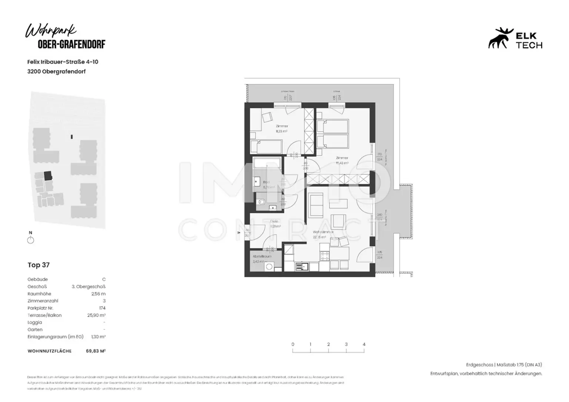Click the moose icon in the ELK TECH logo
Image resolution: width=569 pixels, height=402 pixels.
click(x=500, y=39)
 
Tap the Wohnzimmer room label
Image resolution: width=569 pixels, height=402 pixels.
click(x=323, y=232)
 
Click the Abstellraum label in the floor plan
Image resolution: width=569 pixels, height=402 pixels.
click(x=262, y=256)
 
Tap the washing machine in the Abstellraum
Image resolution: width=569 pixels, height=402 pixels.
click(x=269, y=266)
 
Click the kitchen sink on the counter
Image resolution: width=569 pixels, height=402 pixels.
click(x=303, y=266)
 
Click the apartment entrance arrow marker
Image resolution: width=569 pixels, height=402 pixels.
click(x=239, y=233)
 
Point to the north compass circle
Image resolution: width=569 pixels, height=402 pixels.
click(x=31, y=240)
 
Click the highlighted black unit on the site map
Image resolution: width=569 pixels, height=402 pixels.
click(x=48, y=175)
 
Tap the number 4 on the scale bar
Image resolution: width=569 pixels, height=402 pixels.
click(x=364, y=344)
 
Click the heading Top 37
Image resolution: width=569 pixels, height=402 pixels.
click(x=39, y=265)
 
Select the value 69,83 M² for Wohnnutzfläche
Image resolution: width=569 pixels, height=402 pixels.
click(x=96, y=351)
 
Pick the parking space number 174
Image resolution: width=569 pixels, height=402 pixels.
click(x=102, y=308)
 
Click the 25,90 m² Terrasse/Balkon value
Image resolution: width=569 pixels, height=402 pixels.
click(x=96, y=315)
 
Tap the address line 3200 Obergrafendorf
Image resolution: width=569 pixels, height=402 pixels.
click(x=56, y=72)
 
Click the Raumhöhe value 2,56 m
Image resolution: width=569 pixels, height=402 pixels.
click(x=98, y=294)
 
